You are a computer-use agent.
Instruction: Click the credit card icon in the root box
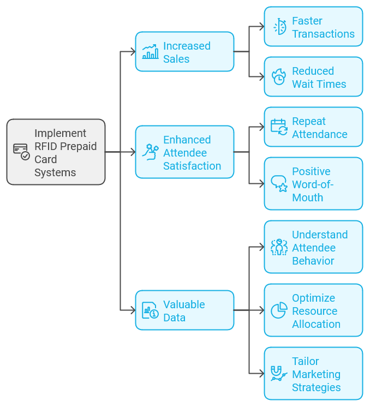click(21, 151)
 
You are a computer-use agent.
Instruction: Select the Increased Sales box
click(184, 52)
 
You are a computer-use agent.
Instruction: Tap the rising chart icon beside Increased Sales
click(150, 52)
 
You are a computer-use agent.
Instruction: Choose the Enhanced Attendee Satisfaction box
click(184, 152)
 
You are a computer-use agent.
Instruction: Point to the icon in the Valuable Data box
click(150, 310)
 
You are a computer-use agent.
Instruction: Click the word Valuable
click(184, 304)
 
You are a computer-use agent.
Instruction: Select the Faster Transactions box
click(313, 27)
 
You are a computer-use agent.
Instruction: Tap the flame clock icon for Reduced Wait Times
click(279, 77)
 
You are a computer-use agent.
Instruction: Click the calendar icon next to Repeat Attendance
click(279, 127)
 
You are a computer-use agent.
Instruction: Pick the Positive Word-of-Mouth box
click(313, 184)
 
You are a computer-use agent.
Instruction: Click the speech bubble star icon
click(279, 184)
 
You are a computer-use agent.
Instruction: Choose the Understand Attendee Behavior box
click(313, 247)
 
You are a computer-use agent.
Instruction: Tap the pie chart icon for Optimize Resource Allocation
click(279, 310)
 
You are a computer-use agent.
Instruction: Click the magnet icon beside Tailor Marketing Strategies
click(279, 373)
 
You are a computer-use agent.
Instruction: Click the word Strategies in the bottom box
click(316, 387)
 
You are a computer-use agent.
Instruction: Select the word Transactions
click(323, 34)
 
